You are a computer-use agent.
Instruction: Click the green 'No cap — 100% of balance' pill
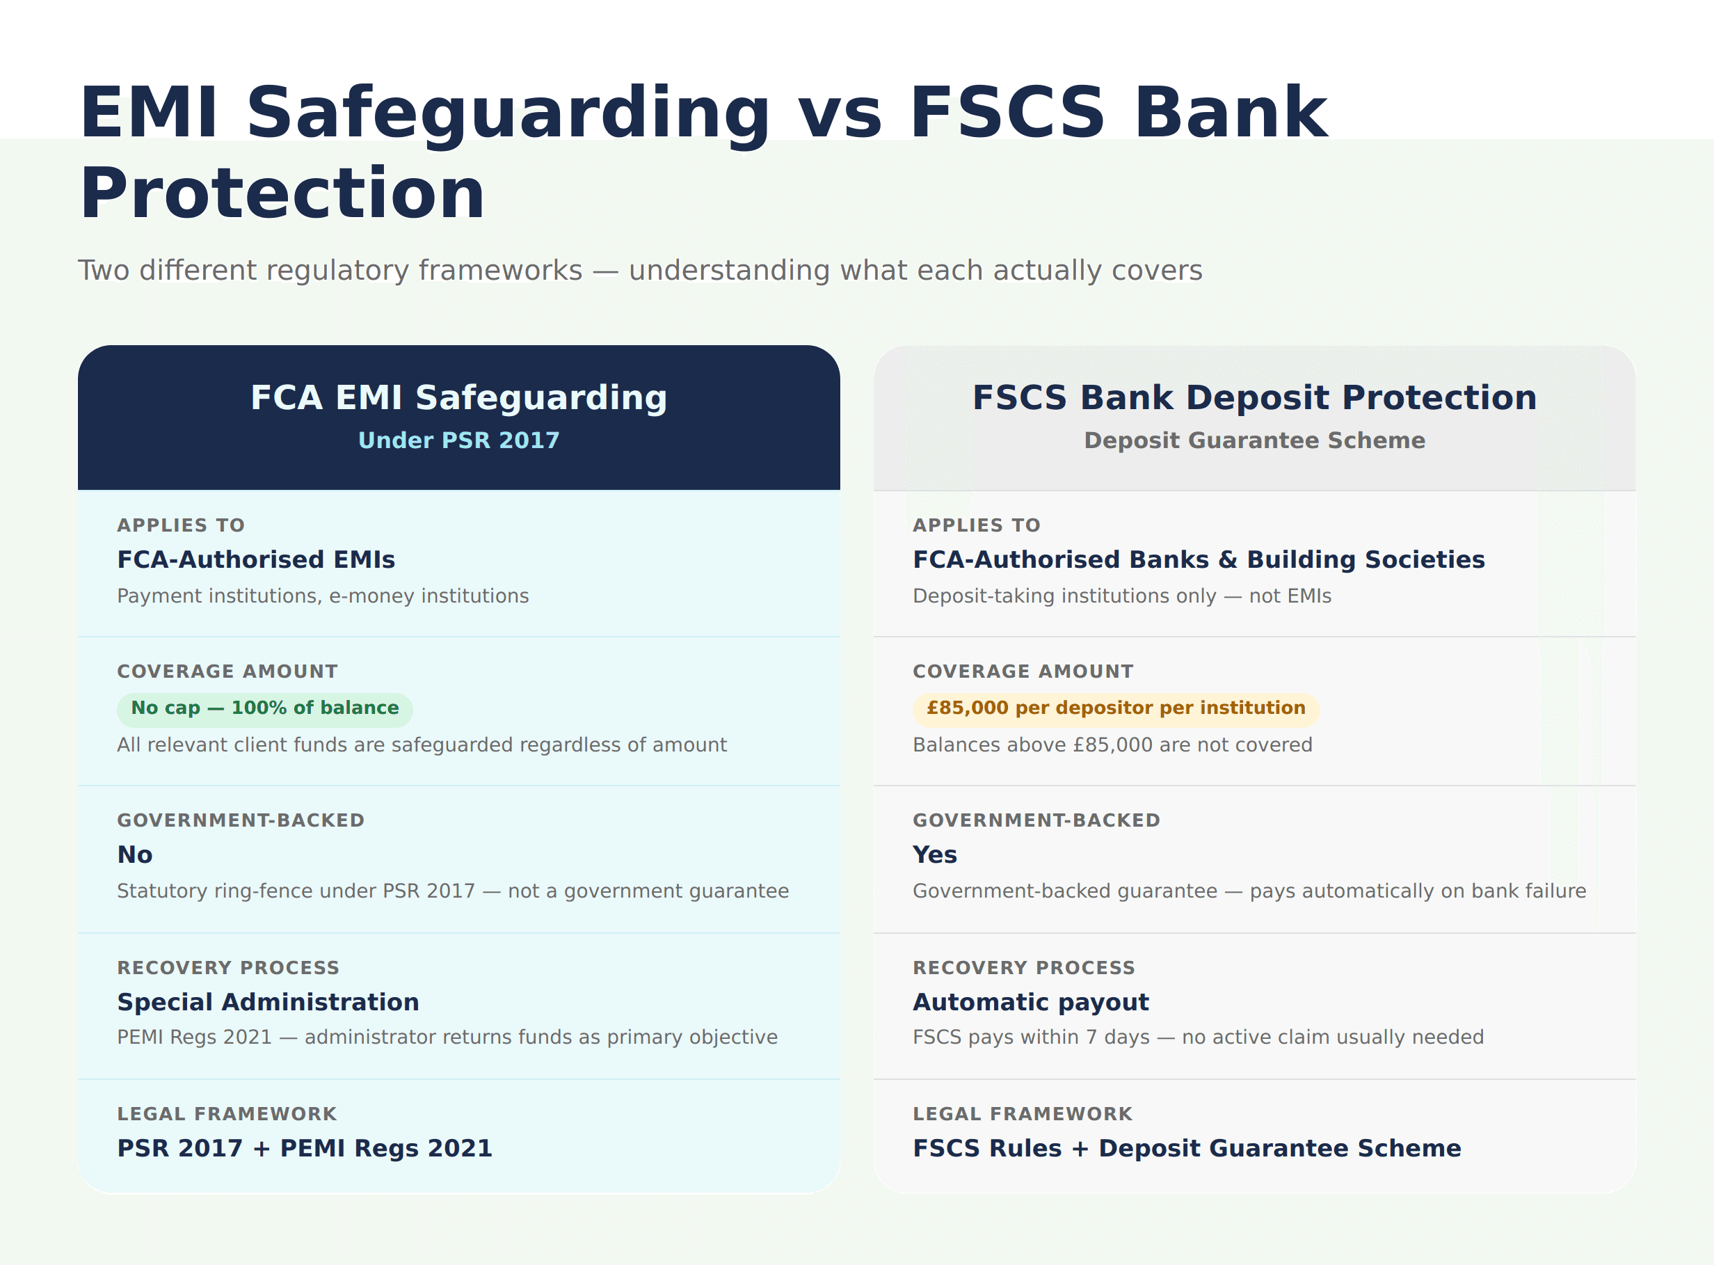point(264,708)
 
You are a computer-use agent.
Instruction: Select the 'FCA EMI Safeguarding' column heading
point(458,397)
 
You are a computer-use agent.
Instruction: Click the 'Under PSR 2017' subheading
point(458,440)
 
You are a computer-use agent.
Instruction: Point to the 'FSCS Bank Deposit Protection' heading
point(1254,397)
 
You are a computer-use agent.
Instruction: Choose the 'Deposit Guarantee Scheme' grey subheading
point(1254,440)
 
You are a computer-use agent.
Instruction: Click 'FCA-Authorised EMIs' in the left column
point(256,559)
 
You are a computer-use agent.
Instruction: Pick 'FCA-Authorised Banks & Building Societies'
point(1198,559)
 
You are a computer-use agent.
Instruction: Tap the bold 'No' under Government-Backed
point(135,854)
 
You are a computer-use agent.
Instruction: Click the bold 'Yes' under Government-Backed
point(934,854)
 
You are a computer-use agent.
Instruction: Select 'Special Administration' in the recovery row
point(268,1003)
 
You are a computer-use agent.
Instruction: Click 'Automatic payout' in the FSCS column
point(1030,1003)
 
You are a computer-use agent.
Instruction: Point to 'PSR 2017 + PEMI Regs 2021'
point(304,1149)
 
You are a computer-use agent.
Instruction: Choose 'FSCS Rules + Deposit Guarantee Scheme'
point(1186,1149)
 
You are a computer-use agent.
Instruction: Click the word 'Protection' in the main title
point(282,193)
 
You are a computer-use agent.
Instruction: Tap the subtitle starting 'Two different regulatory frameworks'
point(639,270)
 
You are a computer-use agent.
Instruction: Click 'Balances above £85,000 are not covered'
point(1112,745)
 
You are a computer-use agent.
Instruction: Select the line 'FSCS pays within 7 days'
point(1197,1037)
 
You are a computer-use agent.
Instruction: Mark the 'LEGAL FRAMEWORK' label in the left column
point(227,1114)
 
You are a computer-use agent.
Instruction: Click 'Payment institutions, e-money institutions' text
point(322,596)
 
